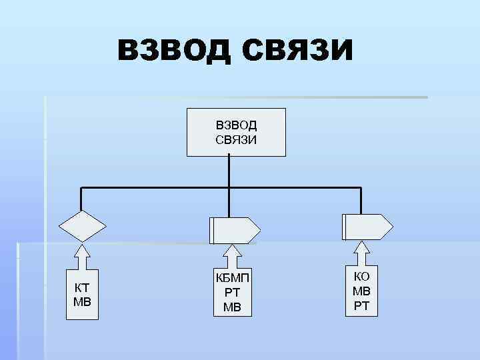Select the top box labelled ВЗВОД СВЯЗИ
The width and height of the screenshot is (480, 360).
click(x=236, y=132)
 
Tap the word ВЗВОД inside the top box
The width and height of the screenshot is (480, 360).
click(x=236, y=125)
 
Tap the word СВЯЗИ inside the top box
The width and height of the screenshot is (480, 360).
click(x=236, y=139)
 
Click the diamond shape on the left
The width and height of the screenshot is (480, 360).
click(x=82, y=226)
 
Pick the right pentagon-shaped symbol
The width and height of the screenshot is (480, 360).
click(x=367, y=227)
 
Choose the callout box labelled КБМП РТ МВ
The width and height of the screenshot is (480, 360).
click(x=232, y=292)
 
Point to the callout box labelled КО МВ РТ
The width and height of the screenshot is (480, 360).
click(x=361, y=291)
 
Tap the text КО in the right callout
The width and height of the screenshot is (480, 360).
click(x=361, y=277)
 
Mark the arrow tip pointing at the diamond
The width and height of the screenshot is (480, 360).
click(x=82, y=248)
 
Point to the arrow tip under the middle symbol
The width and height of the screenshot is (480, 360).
click(x=231, y=247)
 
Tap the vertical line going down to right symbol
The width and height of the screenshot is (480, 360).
click(x=361, y=200)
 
